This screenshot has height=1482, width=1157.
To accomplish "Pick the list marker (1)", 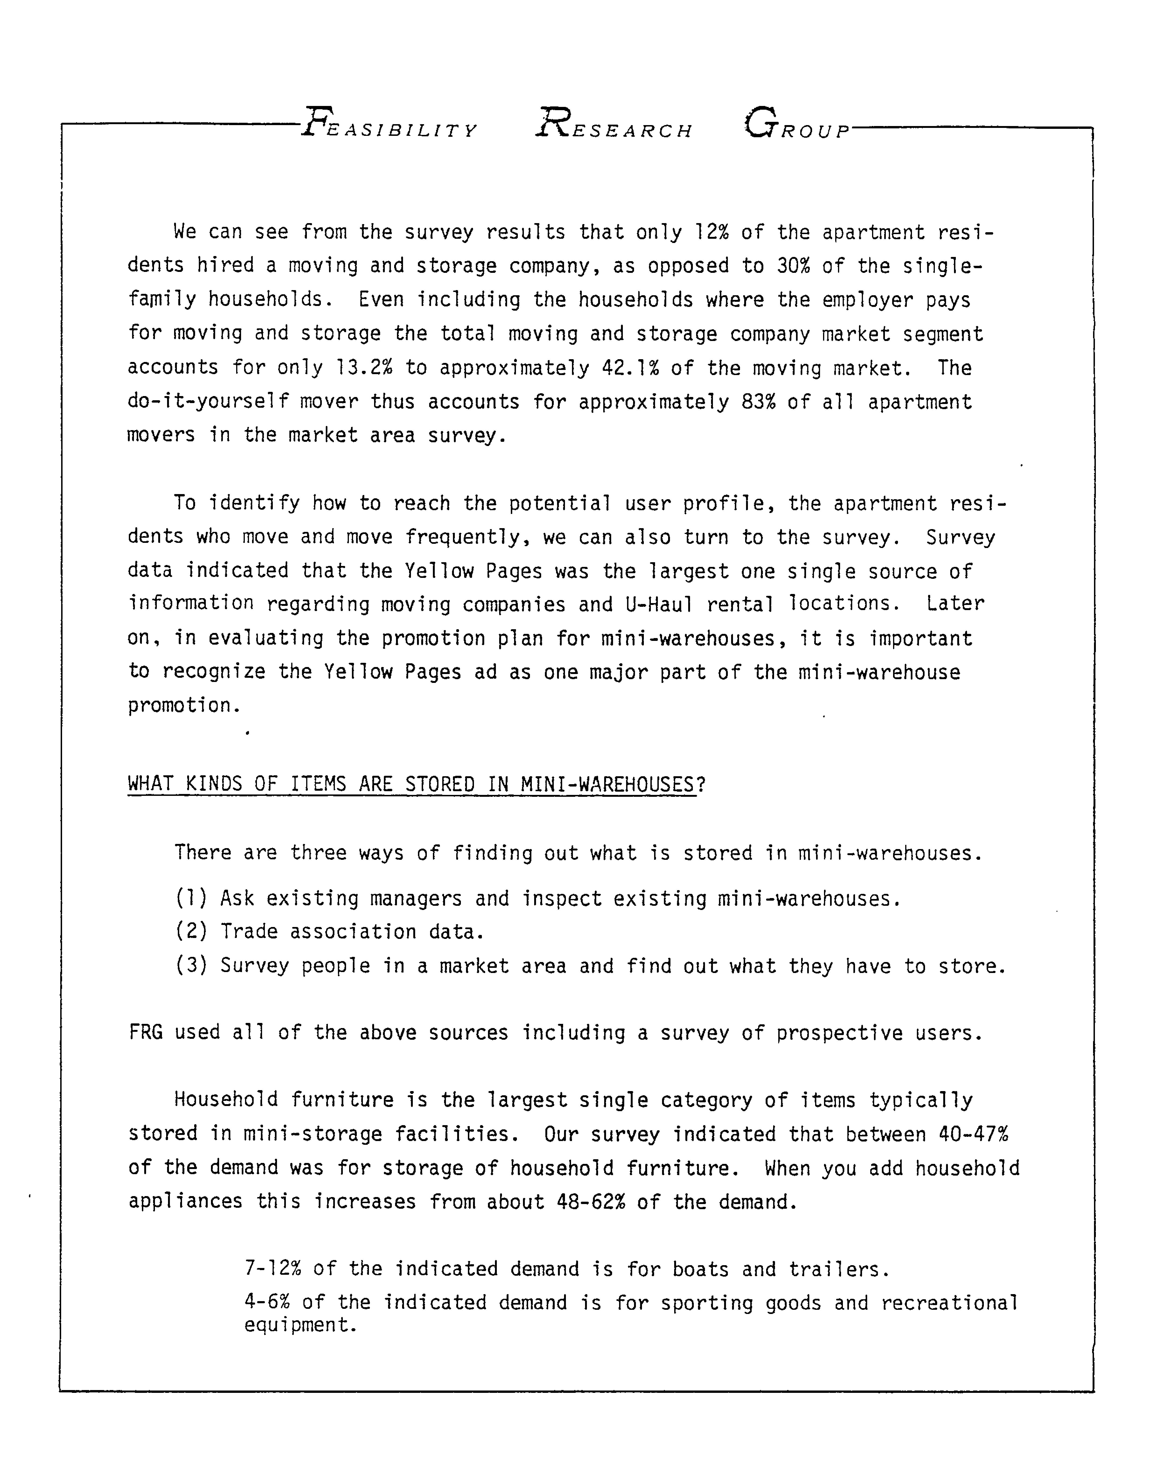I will coord(191,899).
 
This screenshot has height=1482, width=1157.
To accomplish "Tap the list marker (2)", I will coord(191,932).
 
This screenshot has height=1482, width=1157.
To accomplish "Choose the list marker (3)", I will coord(191,966).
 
